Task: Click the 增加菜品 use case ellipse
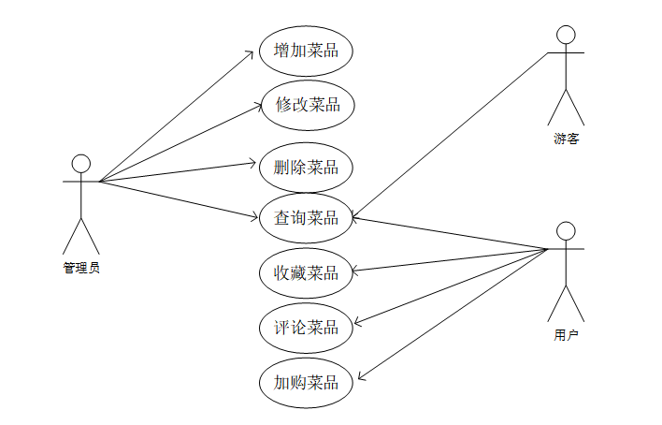[x=306, y=51]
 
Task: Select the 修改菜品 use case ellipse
[x=306, y=105]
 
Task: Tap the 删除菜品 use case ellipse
[x=306, y=168]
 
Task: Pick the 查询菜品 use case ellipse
[x=306, y=218]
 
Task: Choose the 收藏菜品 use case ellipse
[x=306, y=273]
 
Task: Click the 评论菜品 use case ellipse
[x=306, y=328]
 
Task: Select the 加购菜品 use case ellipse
[x=306, y=382]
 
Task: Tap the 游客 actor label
[x=566, y=139]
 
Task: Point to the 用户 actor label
[x=566, y=334]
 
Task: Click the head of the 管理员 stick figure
[x=81, y=164]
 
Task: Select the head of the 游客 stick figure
[x=565, y=36]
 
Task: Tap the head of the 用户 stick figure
[x=565, y=231]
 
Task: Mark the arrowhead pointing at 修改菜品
[x=254, y=106]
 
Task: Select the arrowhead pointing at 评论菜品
[x=356, y=324]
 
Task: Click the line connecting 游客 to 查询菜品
[x=449, y=136]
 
